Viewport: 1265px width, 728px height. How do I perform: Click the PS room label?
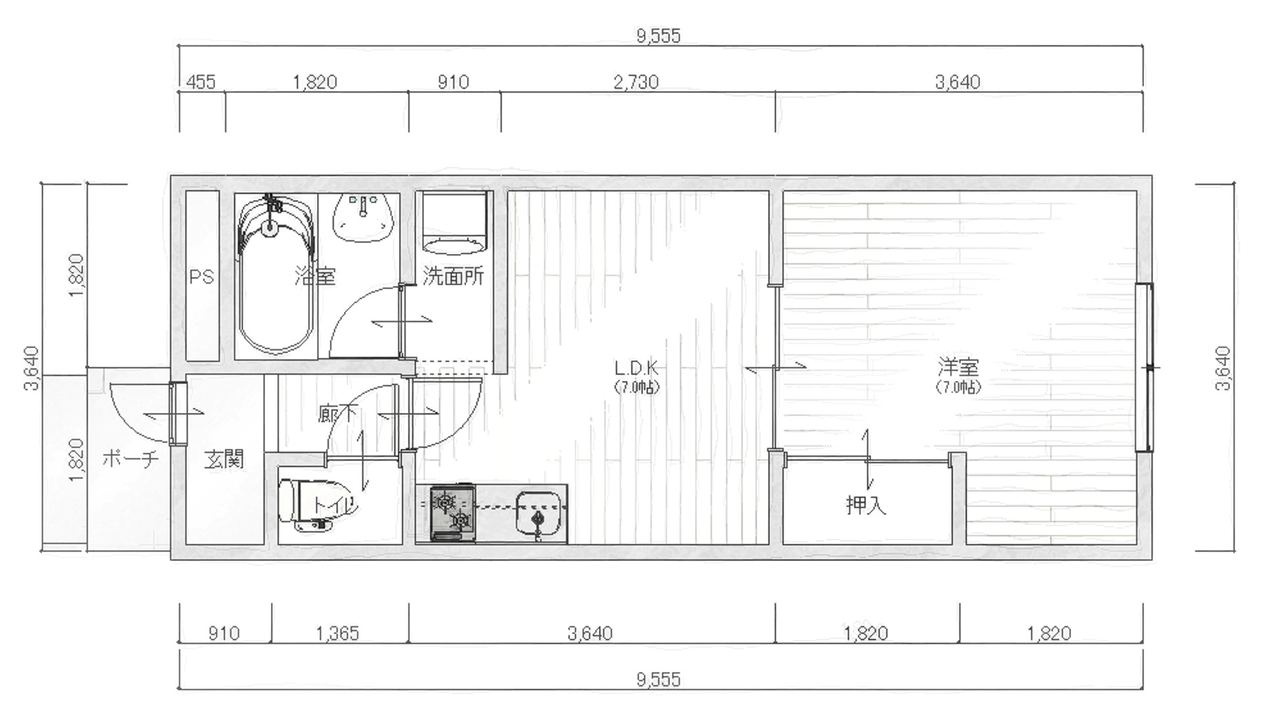202,277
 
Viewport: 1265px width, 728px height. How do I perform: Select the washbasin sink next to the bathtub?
363,218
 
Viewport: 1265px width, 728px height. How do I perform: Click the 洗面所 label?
454,276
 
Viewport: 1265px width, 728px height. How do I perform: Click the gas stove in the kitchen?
453,512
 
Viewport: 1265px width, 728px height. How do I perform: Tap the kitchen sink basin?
540,514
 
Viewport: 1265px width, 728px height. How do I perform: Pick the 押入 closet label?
866,504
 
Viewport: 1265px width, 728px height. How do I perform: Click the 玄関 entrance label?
224,459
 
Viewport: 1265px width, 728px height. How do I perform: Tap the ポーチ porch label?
130,458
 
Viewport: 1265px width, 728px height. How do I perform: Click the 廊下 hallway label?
337,414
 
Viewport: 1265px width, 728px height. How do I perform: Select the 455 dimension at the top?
201,82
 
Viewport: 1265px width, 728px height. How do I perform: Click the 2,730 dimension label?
636,82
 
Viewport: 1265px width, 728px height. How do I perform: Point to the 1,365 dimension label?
337,633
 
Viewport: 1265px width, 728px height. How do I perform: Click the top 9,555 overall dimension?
658,36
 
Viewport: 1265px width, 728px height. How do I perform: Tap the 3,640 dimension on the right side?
1222,368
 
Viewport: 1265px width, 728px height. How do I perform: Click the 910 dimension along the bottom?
224,633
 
